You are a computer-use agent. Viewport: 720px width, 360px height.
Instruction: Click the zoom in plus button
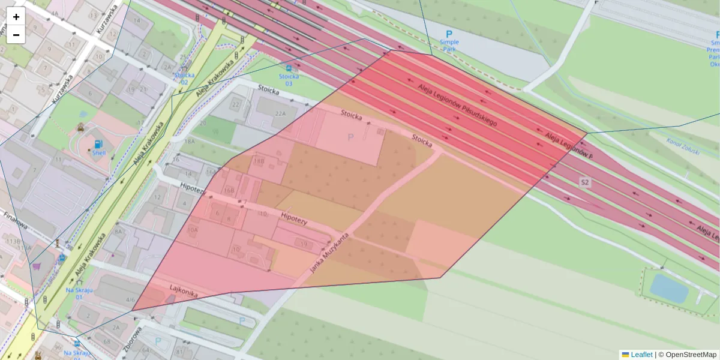(x=16, y=17)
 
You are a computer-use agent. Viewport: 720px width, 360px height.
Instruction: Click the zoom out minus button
(x=16, y=35)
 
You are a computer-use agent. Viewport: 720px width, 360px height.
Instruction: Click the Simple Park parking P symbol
(x=449, y=34)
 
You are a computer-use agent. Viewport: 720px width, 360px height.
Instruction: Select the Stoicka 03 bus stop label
(x=289, y=79)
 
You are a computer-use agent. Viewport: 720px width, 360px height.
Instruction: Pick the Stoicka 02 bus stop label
(x=185, y=78)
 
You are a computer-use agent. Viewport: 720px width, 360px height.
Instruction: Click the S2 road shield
(x=585, y=181)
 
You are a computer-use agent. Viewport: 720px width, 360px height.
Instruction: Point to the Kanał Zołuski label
(x=683, y=146)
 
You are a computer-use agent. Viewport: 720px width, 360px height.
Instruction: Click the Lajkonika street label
(x=183, y=292)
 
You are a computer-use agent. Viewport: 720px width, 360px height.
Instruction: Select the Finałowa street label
(x=16, y=222)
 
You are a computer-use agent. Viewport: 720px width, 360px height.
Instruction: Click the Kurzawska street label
(x=62, y=89)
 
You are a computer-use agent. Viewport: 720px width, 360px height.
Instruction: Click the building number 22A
(x=280, y=113)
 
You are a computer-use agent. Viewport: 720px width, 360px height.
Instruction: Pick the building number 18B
(x=259, y=161)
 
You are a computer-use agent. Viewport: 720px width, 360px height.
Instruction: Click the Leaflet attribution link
(x=641, y=355)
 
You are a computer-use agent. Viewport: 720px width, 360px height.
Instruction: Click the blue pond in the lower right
(x=668, y=288)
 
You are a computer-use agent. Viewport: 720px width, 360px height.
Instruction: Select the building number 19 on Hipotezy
(x=304, y=244)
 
